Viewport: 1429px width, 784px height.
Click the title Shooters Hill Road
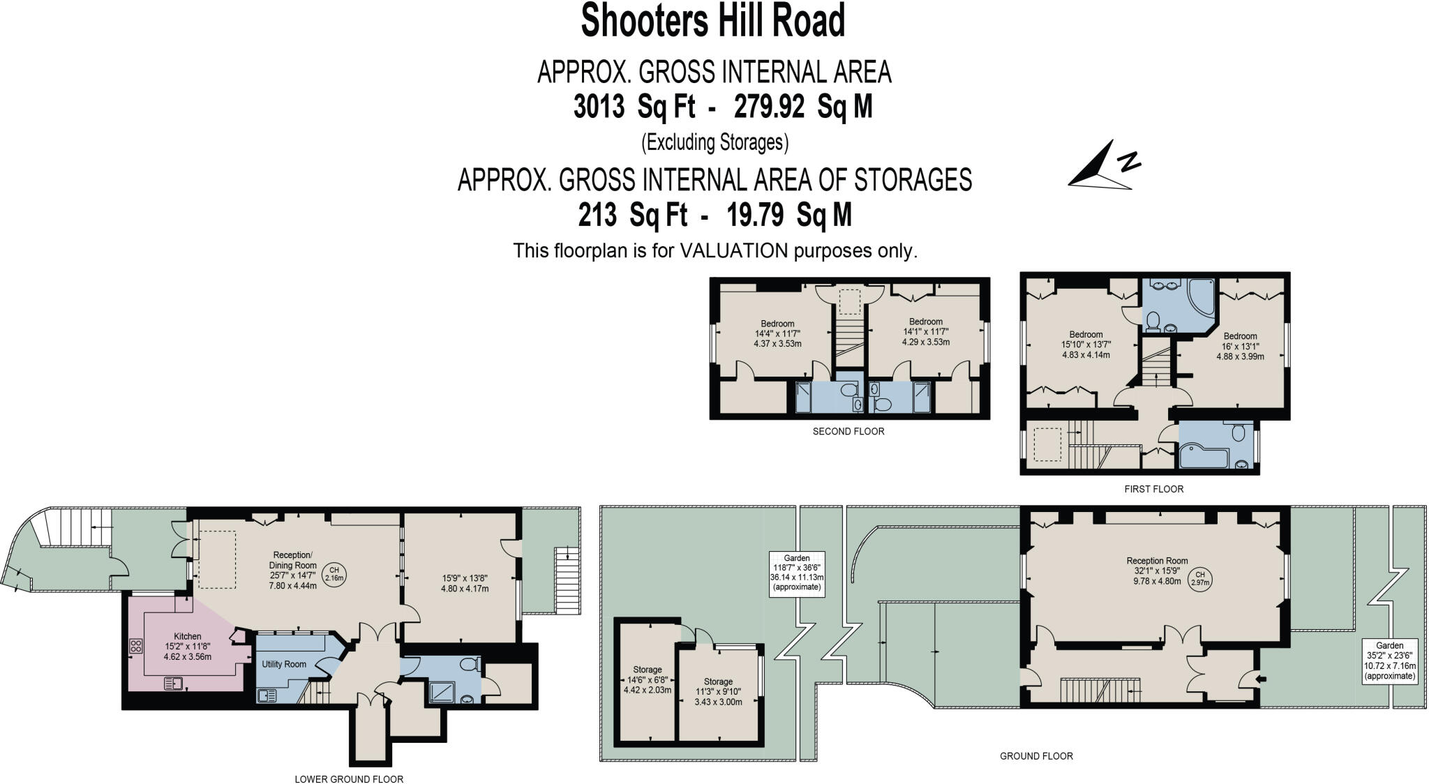713,21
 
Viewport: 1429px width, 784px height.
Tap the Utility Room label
284,664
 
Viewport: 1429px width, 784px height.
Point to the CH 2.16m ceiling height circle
334,574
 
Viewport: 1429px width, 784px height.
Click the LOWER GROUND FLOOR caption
349,779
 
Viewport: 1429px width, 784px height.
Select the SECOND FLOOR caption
848,432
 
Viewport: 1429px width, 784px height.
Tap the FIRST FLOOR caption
1153,489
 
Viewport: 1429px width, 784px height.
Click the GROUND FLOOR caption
1036,756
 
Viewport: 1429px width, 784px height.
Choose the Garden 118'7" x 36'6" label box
797,573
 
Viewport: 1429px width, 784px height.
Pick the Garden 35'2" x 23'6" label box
1390,660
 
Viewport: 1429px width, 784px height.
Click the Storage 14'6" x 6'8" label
647,679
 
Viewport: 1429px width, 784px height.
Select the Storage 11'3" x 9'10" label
718,691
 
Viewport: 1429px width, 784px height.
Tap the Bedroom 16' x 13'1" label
1240,346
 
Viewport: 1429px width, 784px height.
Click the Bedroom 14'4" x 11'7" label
777,333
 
